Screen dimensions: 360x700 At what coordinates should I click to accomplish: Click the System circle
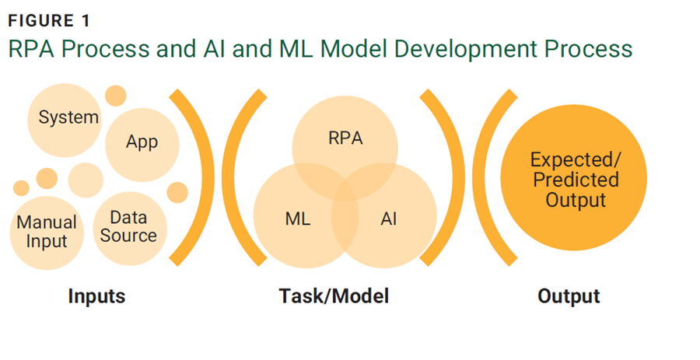[68, 118]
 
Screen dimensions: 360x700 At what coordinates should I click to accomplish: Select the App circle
[142, 143]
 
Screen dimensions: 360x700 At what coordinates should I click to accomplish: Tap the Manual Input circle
[47, 232]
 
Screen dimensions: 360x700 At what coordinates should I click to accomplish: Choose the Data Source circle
[128, 226]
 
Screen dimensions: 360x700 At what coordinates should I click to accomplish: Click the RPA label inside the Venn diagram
[345, 139]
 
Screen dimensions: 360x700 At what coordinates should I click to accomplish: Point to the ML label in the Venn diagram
[297, 218]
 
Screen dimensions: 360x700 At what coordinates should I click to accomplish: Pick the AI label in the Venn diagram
[389, 218]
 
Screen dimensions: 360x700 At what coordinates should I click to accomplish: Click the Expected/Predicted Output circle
[574, 180]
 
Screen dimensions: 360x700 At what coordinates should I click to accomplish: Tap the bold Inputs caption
[96, 296]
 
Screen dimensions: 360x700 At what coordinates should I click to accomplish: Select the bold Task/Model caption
[334, 296]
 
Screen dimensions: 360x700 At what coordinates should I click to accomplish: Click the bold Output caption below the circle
[569, 296]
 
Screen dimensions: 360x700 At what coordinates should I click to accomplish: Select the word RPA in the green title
[32, 49]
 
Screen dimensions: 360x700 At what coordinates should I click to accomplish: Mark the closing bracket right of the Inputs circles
[192, 179]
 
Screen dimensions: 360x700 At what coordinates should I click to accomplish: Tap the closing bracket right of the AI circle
[446, 179]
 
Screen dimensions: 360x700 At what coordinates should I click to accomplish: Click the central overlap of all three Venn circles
[345, 191]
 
